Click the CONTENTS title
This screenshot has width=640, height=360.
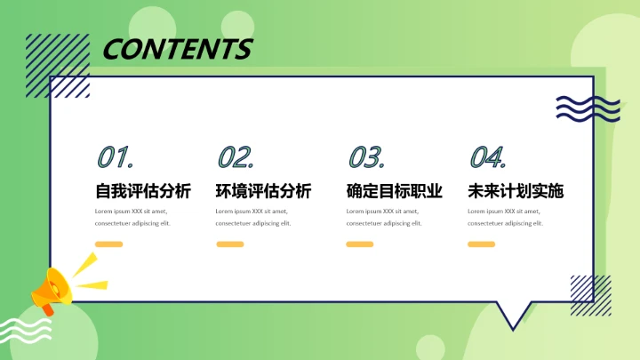[x=177, y=48]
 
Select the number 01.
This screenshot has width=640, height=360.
[x=115, y=158]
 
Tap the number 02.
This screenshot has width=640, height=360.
[x=236, y=158]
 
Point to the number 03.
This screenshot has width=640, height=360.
[x=365, y=158]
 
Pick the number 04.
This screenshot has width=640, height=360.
[x=487, y=158]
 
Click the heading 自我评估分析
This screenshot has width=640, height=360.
[x=143, y=190]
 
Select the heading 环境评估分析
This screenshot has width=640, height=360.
[x=263, y=190]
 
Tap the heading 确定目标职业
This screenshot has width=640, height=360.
[x=394, y=190]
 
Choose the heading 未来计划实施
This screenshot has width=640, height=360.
[x=516, y=190]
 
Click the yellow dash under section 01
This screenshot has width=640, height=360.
[x=108, y=244]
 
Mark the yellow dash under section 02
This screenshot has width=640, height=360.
[x=229, y=244]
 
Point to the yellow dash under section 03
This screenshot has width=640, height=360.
[x=359, y=244]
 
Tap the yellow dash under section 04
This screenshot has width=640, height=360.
[x=481, y=244]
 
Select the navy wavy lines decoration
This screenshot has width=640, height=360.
[x=575, y=108]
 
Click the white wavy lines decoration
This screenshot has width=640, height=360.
[x=27, y=334]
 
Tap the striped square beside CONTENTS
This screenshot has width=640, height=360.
[x=58, y=64]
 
